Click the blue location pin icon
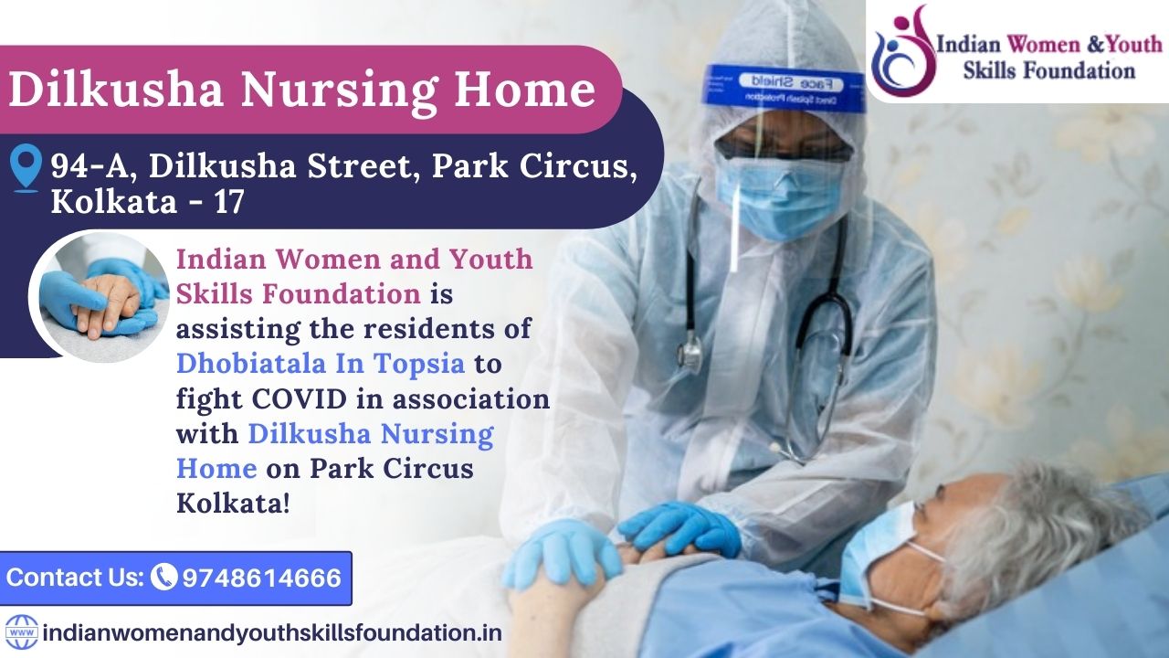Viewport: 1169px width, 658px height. (26, 167)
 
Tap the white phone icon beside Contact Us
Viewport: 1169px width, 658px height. (163, 577)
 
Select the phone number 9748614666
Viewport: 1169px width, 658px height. (261, 578)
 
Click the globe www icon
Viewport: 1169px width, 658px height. (21, 632)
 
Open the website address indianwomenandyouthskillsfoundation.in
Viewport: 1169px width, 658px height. (272, 633)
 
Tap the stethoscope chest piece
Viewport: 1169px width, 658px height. (690, 354)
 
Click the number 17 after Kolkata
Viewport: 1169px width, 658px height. (228, 202)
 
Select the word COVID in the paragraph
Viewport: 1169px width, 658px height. (300, 399)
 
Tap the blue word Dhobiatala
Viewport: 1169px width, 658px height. (251, 363)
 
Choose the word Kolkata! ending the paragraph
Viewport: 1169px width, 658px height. (233, 504)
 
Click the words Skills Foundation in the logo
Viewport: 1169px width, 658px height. (1049, 71)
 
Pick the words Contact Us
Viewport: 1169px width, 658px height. (75, 577)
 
